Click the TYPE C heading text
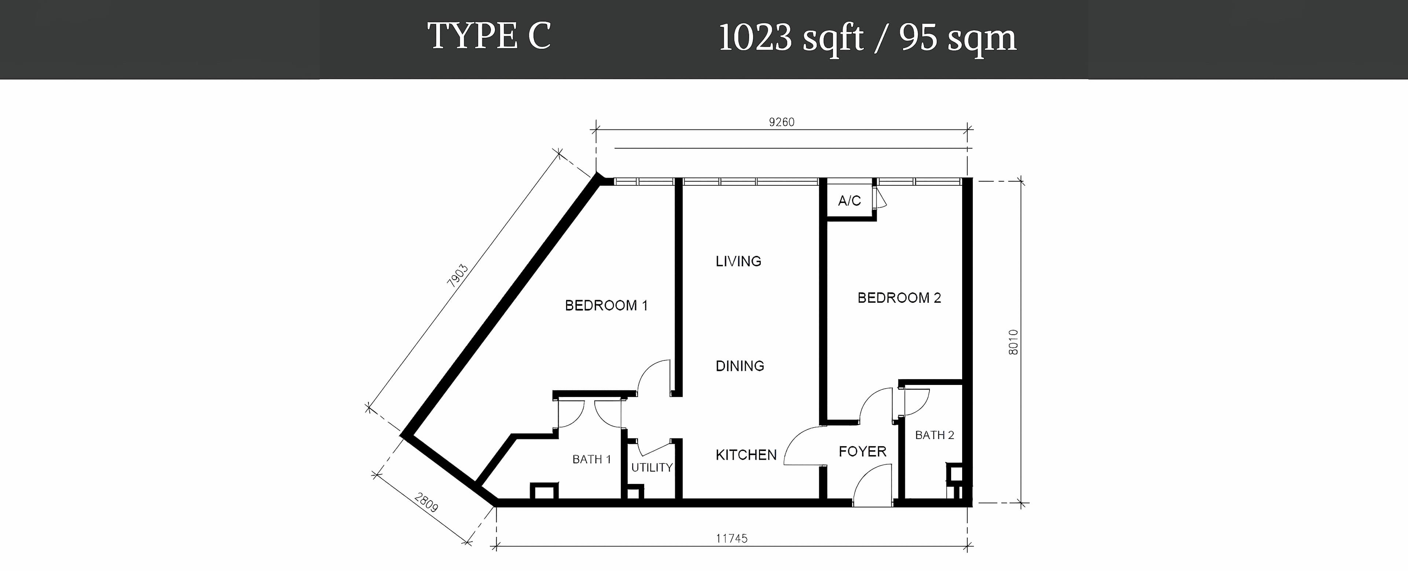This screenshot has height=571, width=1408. click(x=489, y=37)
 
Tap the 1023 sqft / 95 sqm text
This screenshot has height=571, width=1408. click(x=868, y=38)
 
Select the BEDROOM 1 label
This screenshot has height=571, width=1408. click(x=606, y=305)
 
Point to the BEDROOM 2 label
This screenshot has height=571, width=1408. click(x=899, y=298)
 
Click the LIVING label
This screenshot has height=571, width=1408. click(x=738, y=261)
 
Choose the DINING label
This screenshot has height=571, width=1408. click(x=740, y=366)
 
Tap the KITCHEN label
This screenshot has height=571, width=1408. click(x=746, y=455)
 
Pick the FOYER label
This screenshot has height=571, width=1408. click(x=862, y=451)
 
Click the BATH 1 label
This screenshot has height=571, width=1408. click(x=591, y=459)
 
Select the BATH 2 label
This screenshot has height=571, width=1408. click(x=935, y=435)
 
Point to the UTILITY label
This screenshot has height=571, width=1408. click(x=652, y=468)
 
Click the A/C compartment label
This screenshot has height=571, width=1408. click(x=850, y=201)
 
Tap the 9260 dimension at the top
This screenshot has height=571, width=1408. click(x=782, y=122)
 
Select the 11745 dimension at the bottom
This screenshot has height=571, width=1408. click(x=731, y=538)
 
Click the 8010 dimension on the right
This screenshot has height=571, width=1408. click(x=1013, y=342)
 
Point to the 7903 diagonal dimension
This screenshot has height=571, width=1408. click(x=458, y=276)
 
